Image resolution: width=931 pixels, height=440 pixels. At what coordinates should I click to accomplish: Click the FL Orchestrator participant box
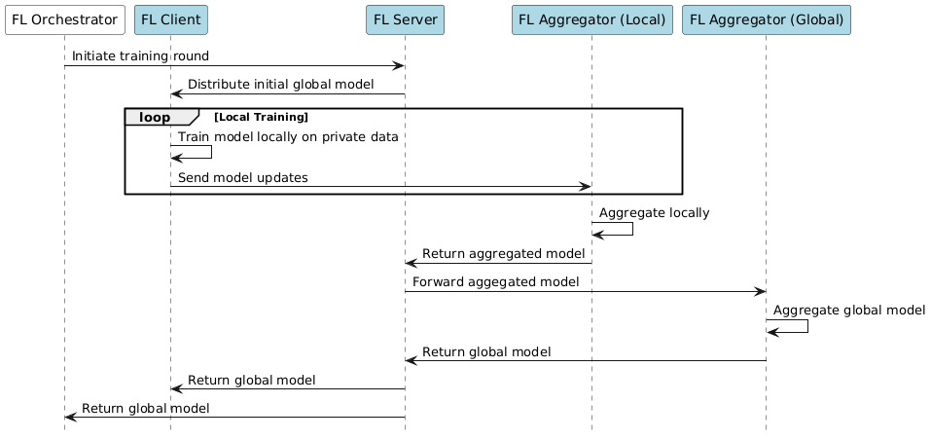tap(64, 19)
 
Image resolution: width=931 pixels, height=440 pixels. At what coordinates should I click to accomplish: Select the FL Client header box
tap(170, 19)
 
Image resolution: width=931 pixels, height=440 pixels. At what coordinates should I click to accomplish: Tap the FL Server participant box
tap(405, 19)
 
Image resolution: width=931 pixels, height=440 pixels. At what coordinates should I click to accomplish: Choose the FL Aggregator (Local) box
tap(591, 19)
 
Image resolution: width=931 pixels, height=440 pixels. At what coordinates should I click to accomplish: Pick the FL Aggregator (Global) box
tap(766, 19)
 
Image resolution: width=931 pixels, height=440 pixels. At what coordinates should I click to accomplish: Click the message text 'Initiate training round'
tap(140, 57)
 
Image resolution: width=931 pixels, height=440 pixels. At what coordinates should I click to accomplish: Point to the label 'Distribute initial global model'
tap(280, 85)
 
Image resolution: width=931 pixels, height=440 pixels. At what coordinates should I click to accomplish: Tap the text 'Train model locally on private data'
tap(288, 137)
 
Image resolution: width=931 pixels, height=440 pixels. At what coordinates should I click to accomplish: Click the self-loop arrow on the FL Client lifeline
tap(211, 152)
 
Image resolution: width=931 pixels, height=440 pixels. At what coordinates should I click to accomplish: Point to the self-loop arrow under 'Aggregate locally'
tap(632, 228)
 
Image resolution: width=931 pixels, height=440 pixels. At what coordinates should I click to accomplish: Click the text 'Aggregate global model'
tap(848, 311)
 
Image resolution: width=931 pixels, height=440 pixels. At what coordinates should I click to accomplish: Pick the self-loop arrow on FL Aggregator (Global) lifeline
tap(806, 326)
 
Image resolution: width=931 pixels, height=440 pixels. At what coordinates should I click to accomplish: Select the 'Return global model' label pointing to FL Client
tap(251, 380)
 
